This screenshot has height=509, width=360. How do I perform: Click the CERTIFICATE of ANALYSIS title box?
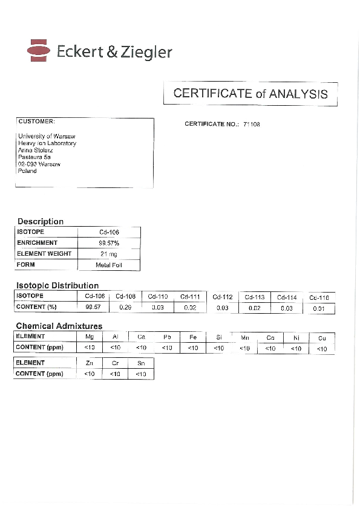pos(250,94)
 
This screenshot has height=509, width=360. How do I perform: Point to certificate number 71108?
pos(252,124)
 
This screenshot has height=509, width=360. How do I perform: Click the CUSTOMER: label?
pos(36,121)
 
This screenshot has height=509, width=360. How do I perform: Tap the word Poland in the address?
pos(27,170)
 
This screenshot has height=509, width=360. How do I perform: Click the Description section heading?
pos(40,221)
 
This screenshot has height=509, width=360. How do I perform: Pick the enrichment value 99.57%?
pos(109,243)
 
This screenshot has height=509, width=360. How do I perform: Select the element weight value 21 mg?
pos(109,254)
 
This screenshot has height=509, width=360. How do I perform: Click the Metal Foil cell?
pos(109,265)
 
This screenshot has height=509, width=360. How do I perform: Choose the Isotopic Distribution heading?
pos(57,285)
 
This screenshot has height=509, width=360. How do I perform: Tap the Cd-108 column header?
pos(126,296)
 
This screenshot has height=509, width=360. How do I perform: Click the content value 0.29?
pos(126,307)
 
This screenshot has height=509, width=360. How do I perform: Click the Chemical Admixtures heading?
pos(59,326)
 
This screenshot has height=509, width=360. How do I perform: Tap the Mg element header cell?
pos(90,337)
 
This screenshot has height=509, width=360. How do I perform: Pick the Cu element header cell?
pos(322,338)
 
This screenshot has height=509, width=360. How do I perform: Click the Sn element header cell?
pos(141,363)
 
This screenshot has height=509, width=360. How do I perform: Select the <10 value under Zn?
pos(90,374)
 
